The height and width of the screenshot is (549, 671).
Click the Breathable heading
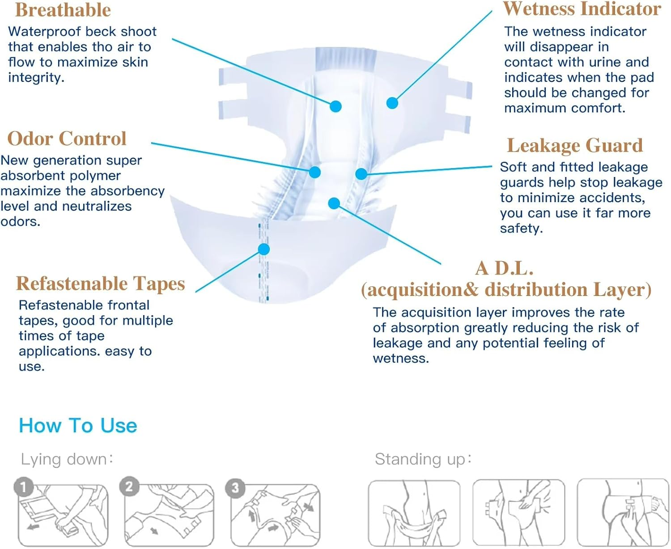[x=63, y=10]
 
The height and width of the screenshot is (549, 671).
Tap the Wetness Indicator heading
[x=582, y=9]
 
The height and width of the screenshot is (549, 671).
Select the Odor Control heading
[x=67, y=139]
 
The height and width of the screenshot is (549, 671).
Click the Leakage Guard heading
[x=575, y=145]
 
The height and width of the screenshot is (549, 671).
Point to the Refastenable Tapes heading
[x=101, y=283]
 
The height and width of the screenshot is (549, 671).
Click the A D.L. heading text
[x=505, y=268]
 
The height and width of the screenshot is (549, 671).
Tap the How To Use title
[x=78, y=426]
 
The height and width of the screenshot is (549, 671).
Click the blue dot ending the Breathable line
[x=335, y=106]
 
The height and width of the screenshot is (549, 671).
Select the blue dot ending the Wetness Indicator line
[x=392, y=103]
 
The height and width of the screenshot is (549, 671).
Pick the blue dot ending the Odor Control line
[x=315, y=172]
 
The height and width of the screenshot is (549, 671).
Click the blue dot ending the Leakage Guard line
[x=361, y=174]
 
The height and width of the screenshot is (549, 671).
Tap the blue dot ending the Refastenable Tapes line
[x=264, y=249]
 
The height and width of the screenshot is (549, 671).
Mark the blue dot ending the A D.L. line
[x=334, y=203]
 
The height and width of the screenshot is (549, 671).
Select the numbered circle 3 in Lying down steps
[x=235, y=488]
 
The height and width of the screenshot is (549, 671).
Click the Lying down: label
[x=67, y=459]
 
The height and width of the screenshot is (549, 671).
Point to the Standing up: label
[x=423, y=459]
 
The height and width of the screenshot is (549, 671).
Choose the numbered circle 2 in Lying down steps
[x=129, y=486]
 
